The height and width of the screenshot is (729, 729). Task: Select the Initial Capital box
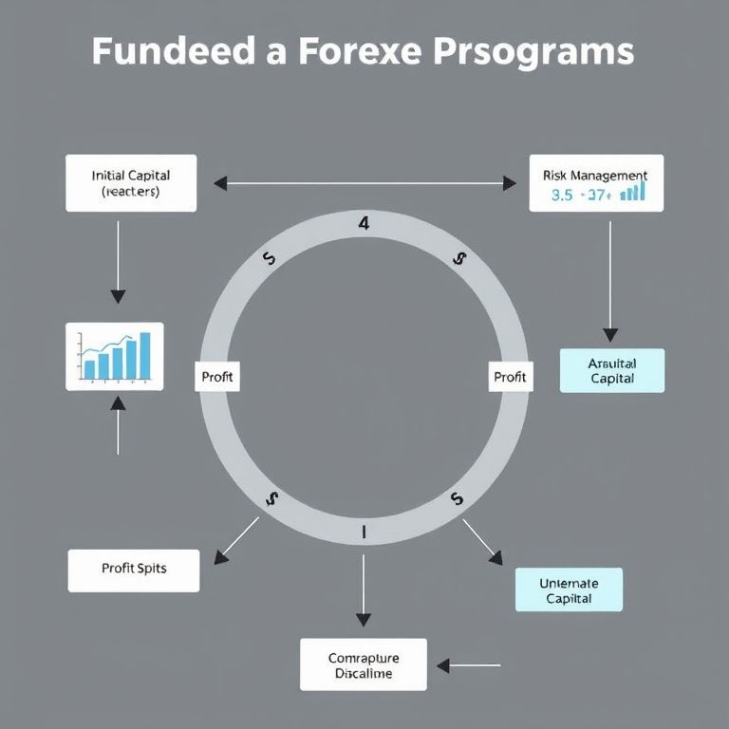pyautogui.click(x=131, y=183)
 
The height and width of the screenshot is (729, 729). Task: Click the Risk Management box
pyautogui.click(x=595, y=183)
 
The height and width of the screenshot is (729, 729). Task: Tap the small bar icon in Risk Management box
pyautogui.click(x=632, y=192)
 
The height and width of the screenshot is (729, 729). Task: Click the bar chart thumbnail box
pyautogui.click(x=114, y=356)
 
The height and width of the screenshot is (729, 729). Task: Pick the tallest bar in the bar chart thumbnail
pyautogui.click(x=145, y=355)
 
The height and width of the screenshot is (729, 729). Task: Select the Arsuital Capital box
pyautogui.click(x=611, y=370)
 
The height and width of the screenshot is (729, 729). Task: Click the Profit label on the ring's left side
pyautogui.click(x=217, y=377)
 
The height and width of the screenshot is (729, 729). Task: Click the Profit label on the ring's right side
pyautogui.click(x=509, y=377)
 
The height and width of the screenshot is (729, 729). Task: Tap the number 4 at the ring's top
pyautogui.click(x=364, y=224)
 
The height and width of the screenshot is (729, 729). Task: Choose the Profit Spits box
pyautogui.click(x=134, y=570)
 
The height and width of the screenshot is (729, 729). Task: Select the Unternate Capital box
pyautogui.click(x=569, y=589)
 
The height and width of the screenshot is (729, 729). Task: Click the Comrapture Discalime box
pyautogui.click(x=364, y=664)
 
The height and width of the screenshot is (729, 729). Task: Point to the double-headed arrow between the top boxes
pyautogui.click(x=364, y=183)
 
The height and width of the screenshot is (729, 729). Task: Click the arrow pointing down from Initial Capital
pyautogui.click(x=118, y=256)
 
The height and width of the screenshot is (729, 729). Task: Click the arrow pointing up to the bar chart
pyautogui.click(x=118, y=425)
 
